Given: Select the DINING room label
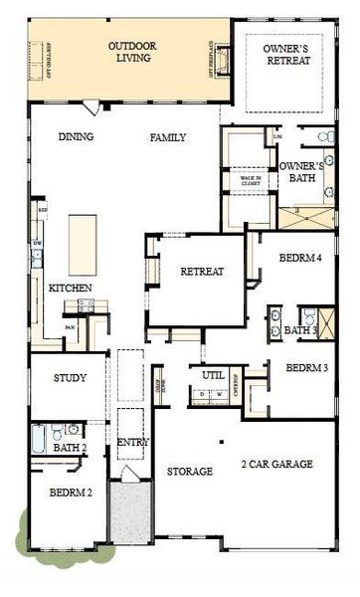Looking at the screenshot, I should (75, 137).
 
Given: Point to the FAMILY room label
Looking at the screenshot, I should (168, 137).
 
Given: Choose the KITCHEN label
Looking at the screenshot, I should (71, 288).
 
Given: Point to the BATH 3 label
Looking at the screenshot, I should (300, 330).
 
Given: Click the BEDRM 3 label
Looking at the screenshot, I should (306, 368).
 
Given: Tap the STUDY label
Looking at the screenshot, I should (70, 378).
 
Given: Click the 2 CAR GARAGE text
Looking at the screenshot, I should (276, 464).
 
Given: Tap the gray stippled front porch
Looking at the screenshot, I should (129, 512).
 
